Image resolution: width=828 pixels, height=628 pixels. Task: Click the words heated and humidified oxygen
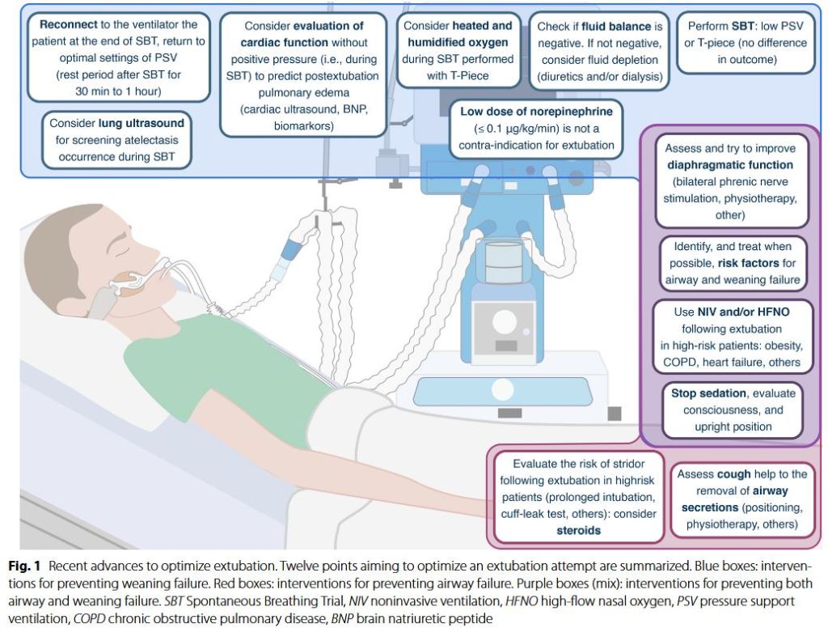pos(458,34)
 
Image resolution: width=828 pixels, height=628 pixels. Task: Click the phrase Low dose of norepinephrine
pos(536,111)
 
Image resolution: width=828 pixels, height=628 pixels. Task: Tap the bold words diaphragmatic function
pos(729,165)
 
